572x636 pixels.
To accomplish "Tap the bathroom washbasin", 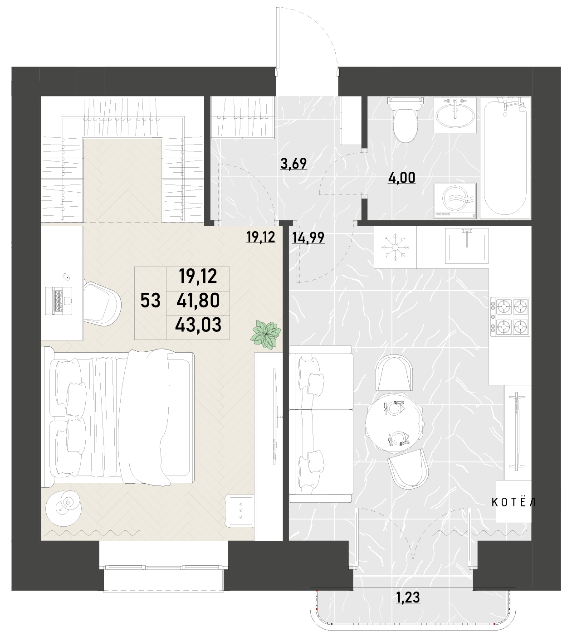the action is pos(455,115).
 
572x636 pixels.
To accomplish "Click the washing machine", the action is pos(455,201).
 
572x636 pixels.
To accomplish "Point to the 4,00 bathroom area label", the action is pos(401,178).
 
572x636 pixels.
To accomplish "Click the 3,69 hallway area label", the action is pos(293,164).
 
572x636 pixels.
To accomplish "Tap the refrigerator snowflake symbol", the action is pos(395,248).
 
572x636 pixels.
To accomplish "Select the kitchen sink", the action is pos(467,245).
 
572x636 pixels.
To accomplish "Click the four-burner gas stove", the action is pos(510,316).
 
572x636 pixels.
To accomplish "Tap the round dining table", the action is pos(394,422).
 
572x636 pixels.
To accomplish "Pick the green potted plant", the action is pos(266,335).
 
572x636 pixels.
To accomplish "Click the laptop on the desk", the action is pos(59,301).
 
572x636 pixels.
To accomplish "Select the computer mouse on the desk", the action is pos(66,277).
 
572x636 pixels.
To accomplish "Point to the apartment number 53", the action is pos(151,300).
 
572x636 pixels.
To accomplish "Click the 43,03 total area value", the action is pos(198,325).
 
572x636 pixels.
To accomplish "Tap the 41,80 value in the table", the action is pos(198,300).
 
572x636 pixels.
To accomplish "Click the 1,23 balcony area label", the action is pos(408,597).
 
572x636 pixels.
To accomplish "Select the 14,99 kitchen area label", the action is pos(308,238).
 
